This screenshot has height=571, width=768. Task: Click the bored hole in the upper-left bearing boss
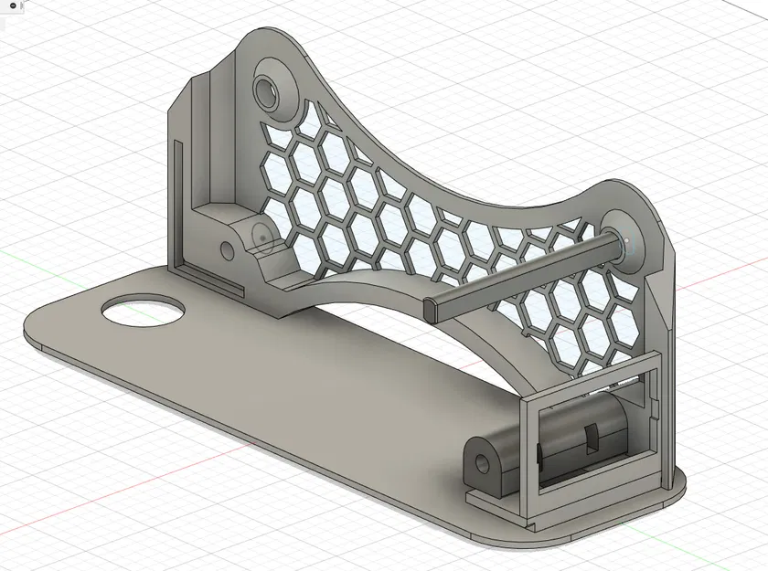[268, 90]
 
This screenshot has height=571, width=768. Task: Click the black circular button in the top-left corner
[11, 5]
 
